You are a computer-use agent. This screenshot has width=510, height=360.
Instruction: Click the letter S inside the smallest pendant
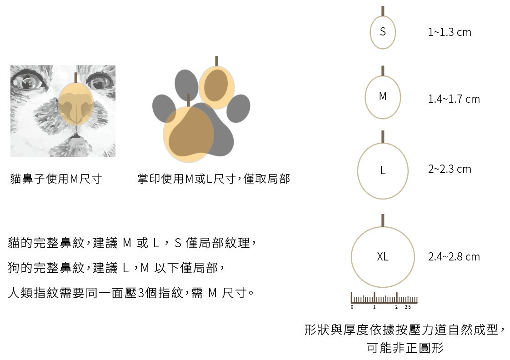[x=383, y=32]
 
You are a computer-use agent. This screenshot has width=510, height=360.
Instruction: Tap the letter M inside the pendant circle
[x=383, y=96]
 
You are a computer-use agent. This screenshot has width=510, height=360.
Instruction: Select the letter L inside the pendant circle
[x=383, y=170]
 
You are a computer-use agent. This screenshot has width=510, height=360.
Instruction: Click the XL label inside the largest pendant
[x=383, y=257]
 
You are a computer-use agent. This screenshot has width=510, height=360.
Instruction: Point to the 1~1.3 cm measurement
[x=450, y=32]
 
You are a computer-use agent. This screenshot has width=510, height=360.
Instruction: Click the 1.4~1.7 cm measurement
[x=454, y=99]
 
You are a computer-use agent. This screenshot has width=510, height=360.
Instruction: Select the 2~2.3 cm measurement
[x=450, y=169]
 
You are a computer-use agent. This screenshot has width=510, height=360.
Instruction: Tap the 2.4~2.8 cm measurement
[x=454, y=257]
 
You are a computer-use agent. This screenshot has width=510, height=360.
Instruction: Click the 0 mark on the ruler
[x=352, y=307]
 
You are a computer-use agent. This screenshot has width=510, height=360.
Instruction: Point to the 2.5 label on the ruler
[x=408, y=307]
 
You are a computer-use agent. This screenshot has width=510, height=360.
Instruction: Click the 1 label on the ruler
[x=375, y=307]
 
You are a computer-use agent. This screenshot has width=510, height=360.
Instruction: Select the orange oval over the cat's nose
[x=76, y=104]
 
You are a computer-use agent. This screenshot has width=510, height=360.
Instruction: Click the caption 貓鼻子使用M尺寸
[x=56, y=179]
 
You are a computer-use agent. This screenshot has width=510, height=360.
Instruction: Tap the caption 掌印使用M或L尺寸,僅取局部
[x=214, y=179]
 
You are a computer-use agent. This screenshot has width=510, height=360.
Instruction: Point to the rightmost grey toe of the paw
[x=239, y=108]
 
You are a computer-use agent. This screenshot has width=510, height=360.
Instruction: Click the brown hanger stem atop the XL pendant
[x=383, y=220]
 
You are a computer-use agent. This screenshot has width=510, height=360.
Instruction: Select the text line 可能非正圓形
[x=405, y=348]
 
